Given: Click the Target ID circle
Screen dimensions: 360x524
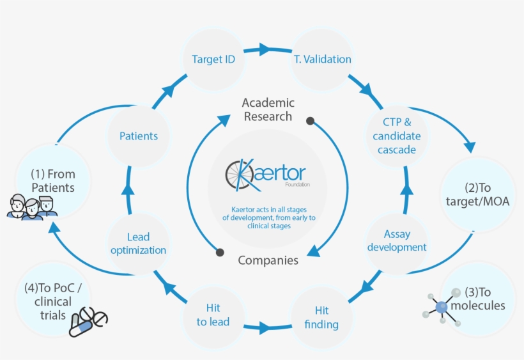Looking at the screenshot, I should click(x=213, y=59).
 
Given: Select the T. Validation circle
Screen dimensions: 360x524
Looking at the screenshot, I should click(x=322, y=59).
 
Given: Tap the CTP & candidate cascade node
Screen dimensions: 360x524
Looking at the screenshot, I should click(x=397, y=136).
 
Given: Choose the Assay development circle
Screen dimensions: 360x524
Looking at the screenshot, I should click(x=397, y=241).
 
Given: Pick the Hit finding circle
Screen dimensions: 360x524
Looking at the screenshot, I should click(x=321, y=317).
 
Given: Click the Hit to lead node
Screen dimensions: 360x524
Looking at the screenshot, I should click(x=213, y=315).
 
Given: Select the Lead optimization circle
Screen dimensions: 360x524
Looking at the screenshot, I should click(x=138, y=244).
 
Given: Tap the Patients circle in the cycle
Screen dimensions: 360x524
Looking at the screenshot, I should click(x=138, y=136).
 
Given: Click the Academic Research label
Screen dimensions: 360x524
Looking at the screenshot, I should click(x=268, y=109).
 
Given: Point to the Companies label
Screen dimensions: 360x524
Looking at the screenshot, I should click(x=268, y=260).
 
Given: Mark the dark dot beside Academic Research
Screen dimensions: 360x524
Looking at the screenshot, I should click(x=310, y=120).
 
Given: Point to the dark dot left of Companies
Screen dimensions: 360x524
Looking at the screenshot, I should click(x=220, y=252).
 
